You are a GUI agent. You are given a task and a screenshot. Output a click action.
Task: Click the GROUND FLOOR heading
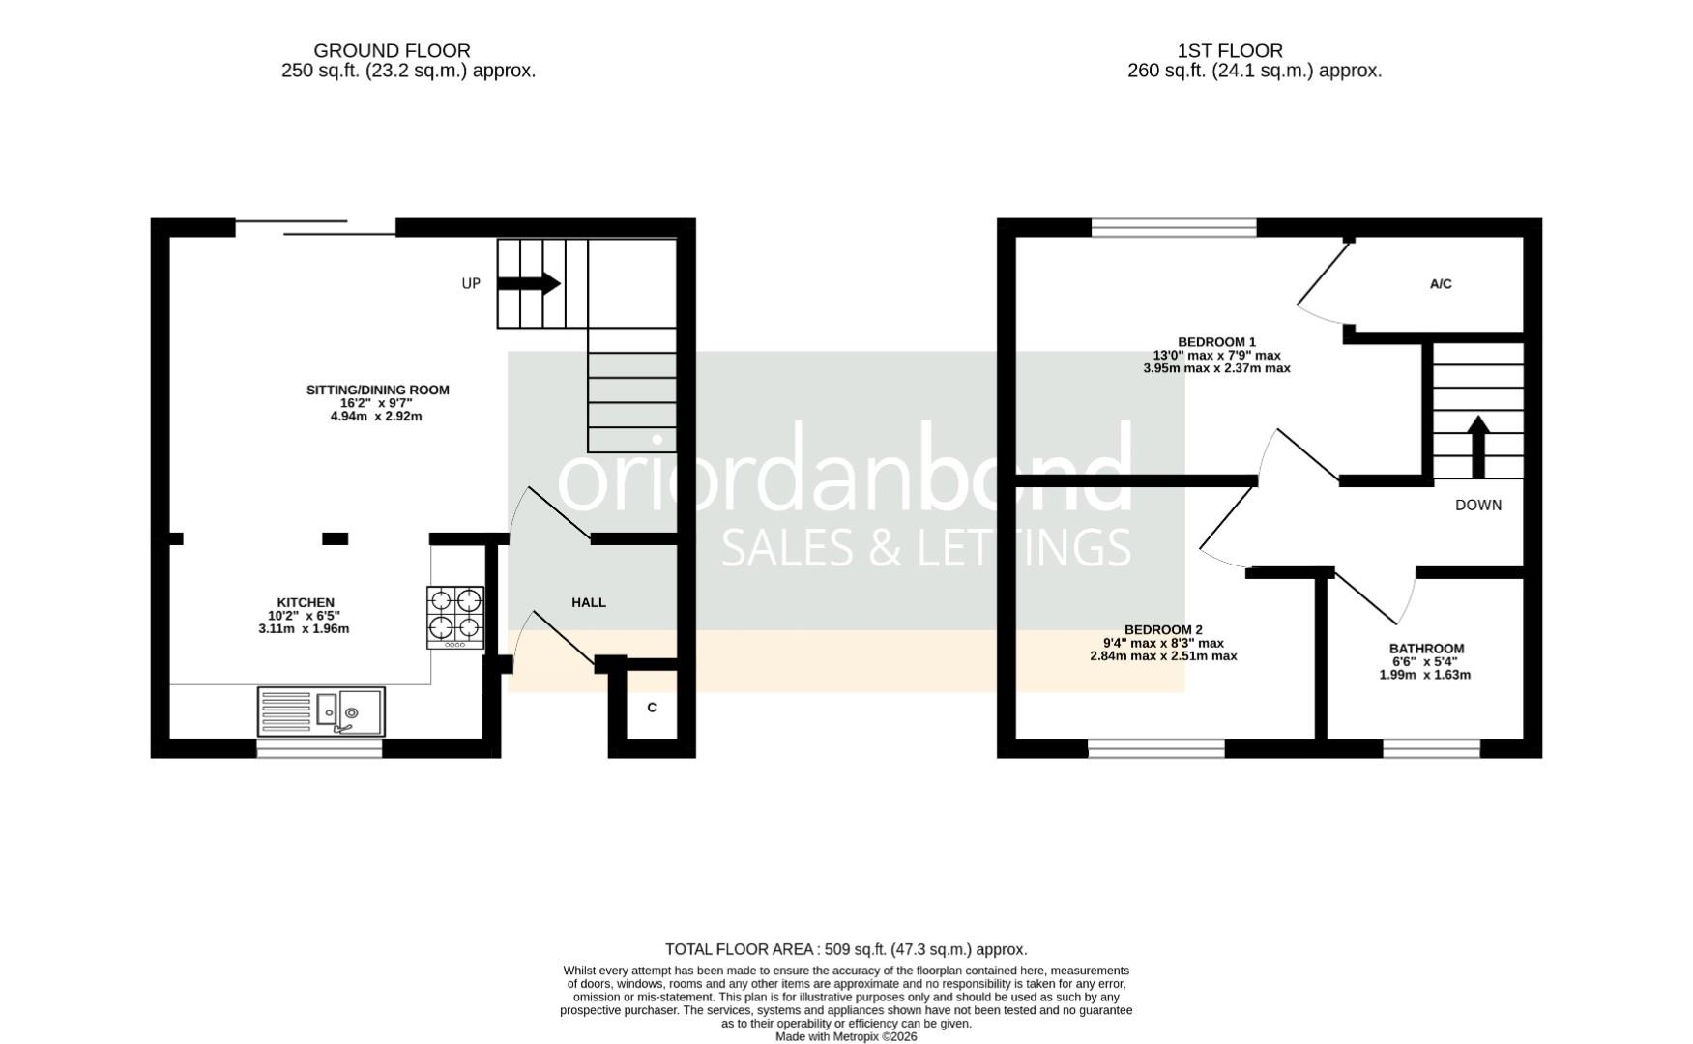[392, 50]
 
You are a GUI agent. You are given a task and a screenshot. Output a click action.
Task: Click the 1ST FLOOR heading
[1230, 50]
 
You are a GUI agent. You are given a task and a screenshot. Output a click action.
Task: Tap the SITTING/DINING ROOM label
[378, 391]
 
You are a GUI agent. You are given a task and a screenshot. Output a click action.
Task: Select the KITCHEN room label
[306, 603]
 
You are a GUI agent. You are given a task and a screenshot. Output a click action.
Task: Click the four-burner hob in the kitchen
[455, 617]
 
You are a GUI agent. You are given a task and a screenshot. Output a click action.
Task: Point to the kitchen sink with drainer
[321, 711]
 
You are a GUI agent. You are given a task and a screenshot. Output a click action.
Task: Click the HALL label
[589, 602]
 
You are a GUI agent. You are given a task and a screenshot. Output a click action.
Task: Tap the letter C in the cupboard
[652, 708]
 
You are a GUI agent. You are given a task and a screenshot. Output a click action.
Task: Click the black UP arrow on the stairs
[529, 283]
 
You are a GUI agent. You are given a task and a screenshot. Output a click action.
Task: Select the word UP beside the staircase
[471, 283]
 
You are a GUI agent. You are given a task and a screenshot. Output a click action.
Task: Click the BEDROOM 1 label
[1216, 342]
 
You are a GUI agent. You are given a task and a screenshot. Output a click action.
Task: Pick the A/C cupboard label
[1441, 284]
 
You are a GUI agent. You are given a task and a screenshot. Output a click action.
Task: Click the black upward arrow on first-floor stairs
[1477, 446]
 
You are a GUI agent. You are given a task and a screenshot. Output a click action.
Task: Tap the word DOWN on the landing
[1478, 505]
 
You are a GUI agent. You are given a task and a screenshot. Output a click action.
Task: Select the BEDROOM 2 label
[1163, 630]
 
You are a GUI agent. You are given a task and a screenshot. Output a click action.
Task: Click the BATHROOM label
[1426, 649]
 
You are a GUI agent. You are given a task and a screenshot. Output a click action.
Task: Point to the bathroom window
[1431, 747]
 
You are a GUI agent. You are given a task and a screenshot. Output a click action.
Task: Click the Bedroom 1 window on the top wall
[1174, 228]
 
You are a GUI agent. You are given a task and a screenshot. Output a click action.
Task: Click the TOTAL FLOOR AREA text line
[846, 949]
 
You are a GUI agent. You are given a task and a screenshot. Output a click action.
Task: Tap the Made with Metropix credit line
[846, 1036]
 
